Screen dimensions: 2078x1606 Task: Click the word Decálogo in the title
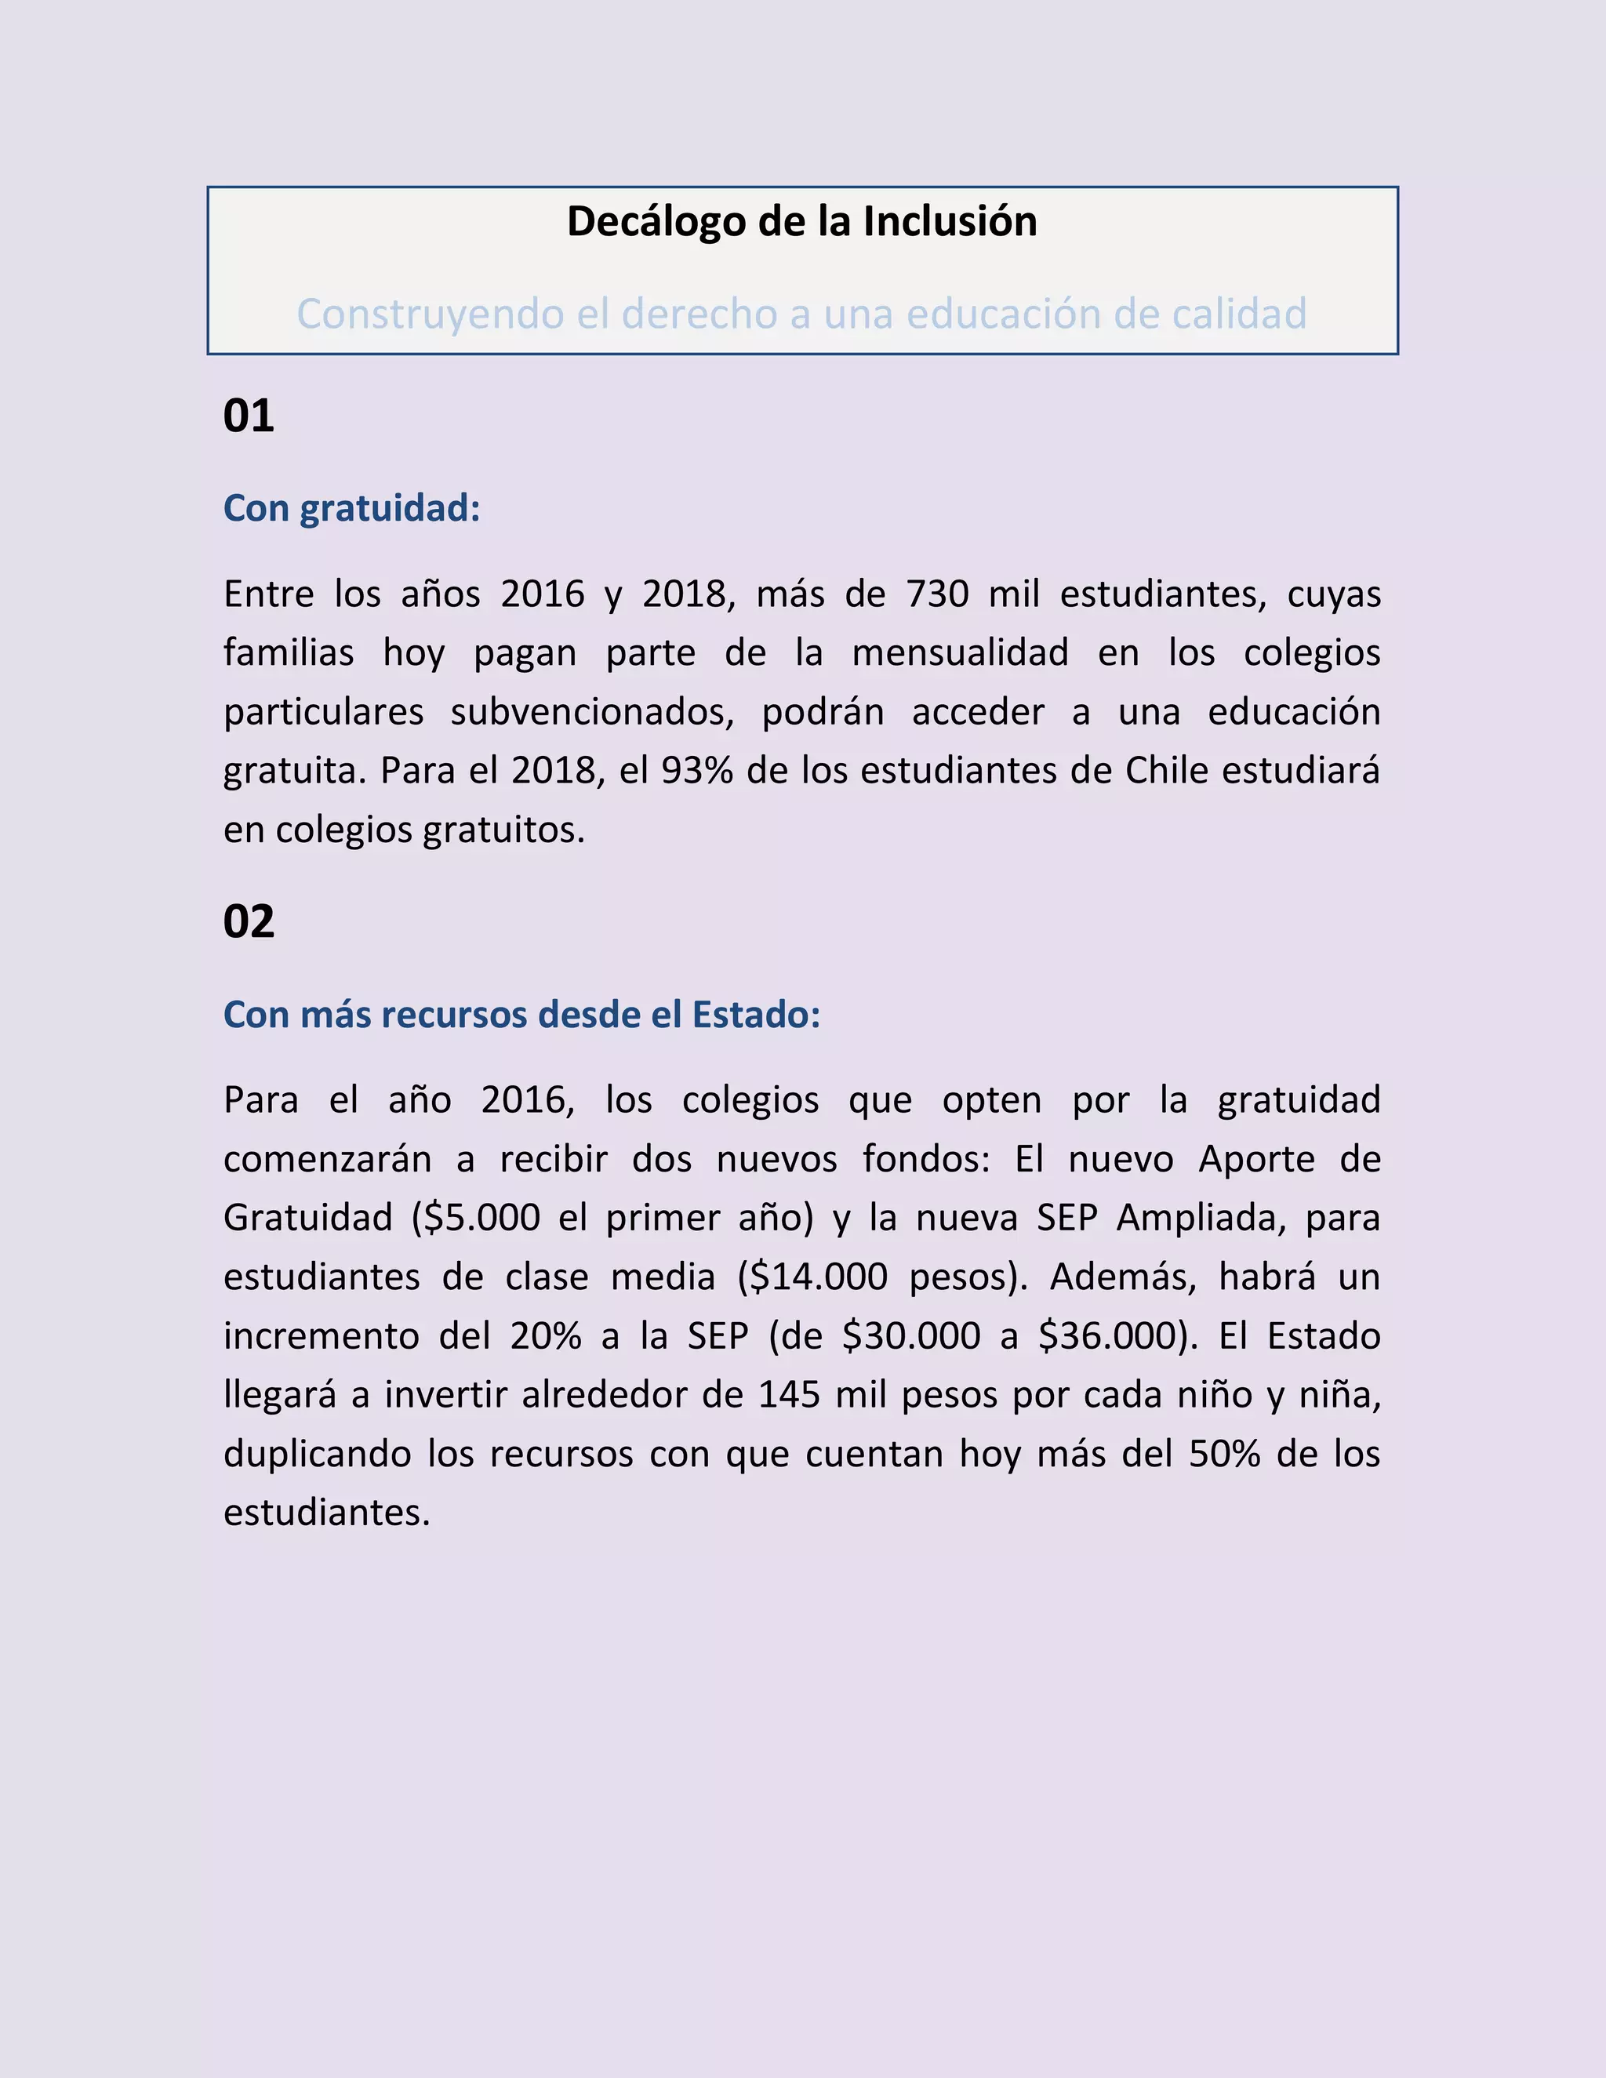(656, 222)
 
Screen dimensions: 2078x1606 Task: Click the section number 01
(249, 416)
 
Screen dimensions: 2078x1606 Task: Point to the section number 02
(249, 921)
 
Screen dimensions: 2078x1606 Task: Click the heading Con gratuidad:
(351, 508)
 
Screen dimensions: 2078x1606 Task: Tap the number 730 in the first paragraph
(937, 594)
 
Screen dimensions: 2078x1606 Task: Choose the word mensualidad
(960, 652)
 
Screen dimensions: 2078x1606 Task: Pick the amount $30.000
(911, 1336)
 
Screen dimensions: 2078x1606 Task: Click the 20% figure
(545, 1336)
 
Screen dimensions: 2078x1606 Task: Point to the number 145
(789, 1395)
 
